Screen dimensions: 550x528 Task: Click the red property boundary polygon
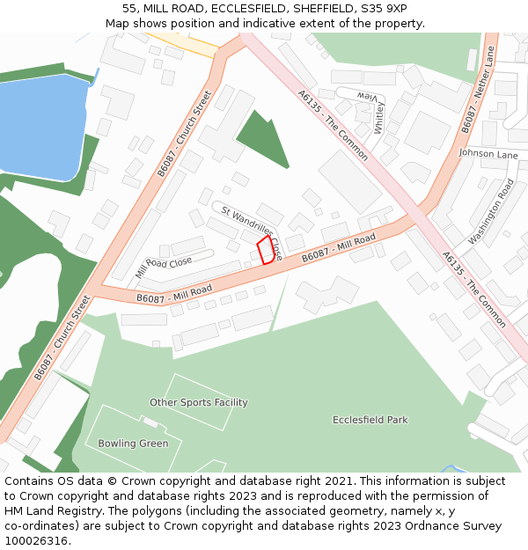[x=266, y=250]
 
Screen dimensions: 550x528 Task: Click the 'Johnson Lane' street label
[x=488, y=155]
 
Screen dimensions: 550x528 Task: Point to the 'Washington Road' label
[x=491, y=212]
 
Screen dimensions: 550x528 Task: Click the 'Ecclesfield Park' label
[x=370, y=420]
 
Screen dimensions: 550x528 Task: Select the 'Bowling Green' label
[x=133, y=444]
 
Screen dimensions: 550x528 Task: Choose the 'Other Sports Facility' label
[x=198, y=403]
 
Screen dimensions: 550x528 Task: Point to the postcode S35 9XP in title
[x=384, y=8]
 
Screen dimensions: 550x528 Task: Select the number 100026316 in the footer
[x=36, y=540]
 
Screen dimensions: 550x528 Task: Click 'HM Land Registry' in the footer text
[x=44, y=510]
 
